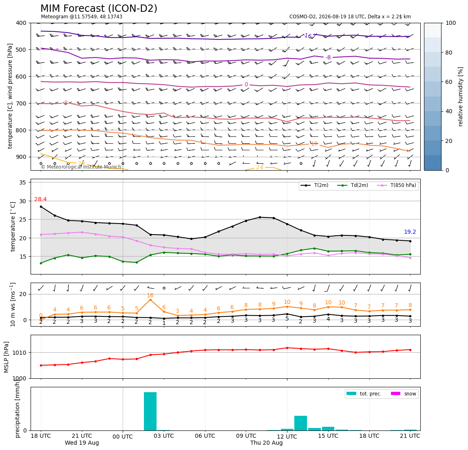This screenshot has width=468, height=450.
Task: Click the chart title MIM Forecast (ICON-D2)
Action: pos(99,9)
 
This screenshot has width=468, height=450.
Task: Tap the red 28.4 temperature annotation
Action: pos(40,199)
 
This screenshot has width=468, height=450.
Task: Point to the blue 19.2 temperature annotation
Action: pos(410,232)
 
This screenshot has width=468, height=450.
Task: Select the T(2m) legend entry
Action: pos(314,185)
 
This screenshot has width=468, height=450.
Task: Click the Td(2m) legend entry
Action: pos(353,185)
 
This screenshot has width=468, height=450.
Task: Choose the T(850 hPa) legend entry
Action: pos(397,185)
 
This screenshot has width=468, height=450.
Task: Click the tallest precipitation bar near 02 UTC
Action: pos(150,411)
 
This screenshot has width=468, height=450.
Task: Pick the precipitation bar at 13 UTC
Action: pos(300,423)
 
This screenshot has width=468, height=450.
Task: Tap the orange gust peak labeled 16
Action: pos(150,299)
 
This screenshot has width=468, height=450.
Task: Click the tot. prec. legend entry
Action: pos(364,394)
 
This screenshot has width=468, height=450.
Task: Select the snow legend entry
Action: pos(403,394)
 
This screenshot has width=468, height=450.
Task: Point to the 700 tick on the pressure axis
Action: pos(23,103)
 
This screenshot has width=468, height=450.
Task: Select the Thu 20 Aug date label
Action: pos(266,443)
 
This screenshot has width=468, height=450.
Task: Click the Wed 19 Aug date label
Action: pos(82,443)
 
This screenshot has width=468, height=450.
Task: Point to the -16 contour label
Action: pos(307,36)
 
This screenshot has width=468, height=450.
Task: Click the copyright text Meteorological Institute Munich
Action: pos(81,167)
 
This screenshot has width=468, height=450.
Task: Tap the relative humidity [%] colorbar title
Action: pos(461,97)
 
